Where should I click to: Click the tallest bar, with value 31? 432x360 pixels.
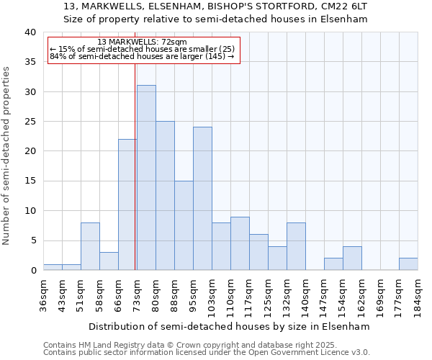146,177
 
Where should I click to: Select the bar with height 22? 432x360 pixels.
127,204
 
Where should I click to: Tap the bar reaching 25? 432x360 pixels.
165,195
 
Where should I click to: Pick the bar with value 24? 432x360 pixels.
202,198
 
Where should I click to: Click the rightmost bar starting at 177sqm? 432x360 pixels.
408,264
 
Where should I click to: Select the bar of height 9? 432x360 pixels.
240,243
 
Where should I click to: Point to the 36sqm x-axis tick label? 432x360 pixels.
44,293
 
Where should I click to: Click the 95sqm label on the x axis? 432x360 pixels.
194,293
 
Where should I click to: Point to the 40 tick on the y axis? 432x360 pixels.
30,32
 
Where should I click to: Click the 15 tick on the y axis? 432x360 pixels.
30,181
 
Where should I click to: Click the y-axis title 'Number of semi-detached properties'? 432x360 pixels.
7,156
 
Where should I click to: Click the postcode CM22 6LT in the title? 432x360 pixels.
346,6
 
